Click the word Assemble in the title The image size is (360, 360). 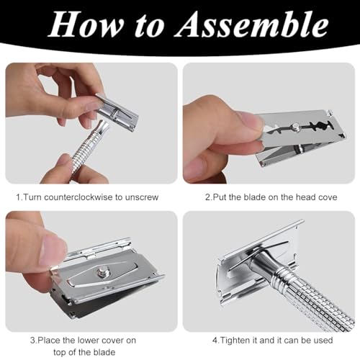(x=251, y=24)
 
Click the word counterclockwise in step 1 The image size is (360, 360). (x=78, y=197)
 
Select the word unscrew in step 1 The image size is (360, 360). (x=141, y=197)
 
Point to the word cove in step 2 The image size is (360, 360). (x=328, y=197)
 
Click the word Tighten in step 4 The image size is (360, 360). (x=235, y=341)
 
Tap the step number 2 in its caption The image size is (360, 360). (x=208, y=197)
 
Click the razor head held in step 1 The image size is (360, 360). (x=117, y=112)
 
